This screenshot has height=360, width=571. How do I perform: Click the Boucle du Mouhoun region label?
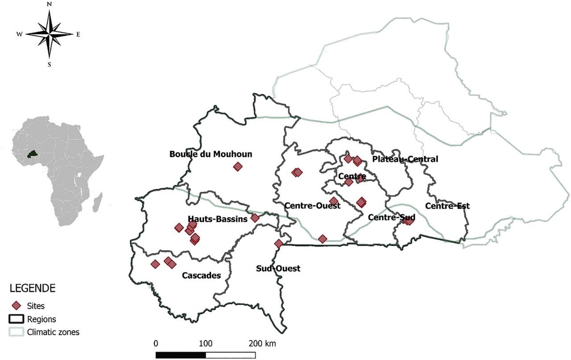click(211, 154)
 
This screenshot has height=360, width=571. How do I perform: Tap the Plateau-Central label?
click(405, 159)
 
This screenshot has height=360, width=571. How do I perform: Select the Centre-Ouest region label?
click(312, 206)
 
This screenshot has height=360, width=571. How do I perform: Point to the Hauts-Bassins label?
click(218, 219)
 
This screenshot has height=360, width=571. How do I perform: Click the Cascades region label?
click(201, 276)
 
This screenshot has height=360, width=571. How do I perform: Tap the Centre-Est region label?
click(447, 206)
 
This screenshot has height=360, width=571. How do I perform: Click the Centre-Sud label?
click(392, 217)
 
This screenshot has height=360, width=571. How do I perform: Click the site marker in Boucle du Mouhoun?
click(238, 167)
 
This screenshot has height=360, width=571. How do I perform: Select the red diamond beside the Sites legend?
click(17, 306)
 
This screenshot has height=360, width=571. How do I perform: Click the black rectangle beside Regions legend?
click(17, 319)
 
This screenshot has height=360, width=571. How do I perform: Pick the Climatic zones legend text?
click(53, 332)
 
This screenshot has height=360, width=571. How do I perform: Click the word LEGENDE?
click(33, 289)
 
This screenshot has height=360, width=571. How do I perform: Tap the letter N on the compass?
click(49, 4)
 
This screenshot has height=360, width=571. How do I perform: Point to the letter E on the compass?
click(78, 34)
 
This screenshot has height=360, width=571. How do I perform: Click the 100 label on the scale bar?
click(205, 344)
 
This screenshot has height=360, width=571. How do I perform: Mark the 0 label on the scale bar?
click(156, 344)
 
